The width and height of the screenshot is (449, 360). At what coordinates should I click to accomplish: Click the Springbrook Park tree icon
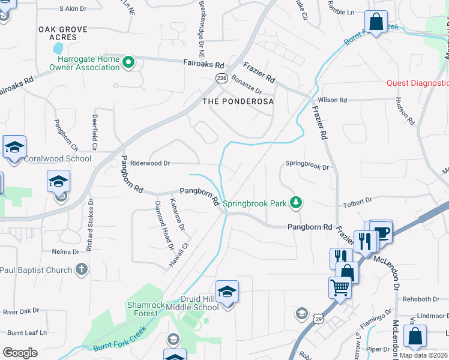(295, 203)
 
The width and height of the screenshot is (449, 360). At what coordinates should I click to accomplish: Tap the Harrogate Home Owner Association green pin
(128, 62)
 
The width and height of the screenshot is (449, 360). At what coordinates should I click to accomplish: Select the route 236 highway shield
(221, 78)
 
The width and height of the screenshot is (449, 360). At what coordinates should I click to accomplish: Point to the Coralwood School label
(58, 159)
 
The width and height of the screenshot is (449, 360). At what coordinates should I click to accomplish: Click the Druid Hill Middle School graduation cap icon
(228, 292)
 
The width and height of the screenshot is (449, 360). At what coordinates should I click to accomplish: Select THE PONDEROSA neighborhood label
(238, 101)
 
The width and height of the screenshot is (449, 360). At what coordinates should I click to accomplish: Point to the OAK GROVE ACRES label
(62, 33)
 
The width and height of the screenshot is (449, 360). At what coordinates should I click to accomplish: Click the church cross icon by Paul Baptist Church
(82, 270)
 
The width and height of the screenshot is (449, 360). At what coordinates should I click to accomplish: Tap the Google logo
(20, 353)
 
